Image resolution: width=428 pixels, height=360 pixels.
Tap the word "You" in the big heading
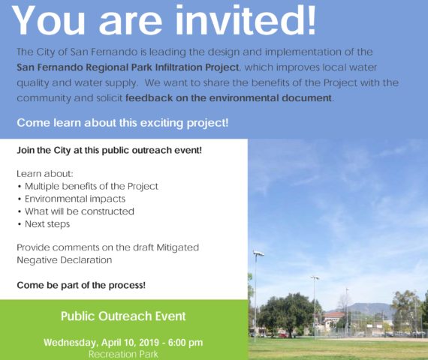coord(48,19)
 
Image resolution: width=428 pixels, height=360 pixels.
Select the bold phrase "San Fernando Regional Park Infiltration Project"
coord(128,67)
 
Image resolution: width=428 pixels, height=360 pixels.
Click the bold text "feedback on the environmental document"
coord(228,97)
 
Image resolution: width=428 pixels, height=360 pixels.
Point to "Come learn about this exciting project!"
coord(122,123)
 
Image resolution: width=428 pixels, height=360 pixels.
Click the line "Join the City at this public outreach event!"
coord(109,150)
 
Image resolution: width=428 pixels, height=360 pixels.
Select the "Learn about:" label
coord(45,174)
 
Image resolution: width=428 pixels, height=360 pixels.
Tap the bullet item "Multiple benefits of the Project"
coord(92,186)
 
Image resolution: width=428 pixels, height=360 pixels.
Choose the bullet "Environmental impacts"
coord(75,199)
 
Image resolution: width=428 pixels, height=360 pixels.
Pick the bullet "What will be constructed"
coord(80,211)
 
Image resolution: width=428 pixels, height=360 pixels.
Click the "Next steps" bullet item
coord(47,224)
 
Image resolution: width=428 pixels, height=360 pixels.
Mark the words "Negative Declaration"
coord(65,260)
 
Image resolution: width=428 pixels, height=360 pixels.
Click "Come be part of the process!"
coord(81,285)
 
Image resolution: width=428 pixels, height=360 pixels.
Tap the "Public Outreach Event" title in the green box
coord(123,316)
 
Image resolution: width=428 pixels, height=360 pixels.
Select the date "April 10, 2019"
coord(130,343)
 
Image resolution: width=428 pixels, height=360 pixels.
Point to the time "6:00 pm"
coord(185,343)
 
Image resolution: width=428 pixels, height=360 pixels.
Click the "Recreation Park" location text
coord(123,354)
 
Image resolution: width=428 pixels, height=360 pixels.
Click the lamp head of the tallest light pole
coord(258,253)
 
